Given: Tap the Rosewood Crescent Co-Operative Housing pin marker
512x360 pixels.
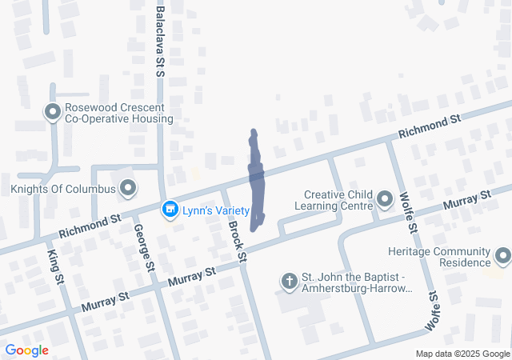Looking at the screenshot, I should [x=54, y=112].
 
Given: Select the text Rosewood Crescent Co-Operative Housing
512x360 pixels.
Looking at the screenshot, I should [x=119, y=113].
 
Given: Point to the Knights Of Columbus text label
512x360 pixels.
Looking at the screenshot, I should [x=63, y=190].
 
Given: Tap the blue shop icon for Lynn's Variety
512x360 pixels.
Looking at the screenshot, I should [x=170, y=210].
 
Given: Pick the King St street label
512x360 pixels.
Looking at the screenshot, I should [x=56, y=266].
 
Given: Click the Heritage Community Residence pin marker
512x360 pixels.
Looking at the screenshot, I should [x=503, y=256].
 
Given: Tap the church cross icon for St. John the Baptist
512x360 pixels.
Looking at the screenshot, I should [x=289, y=281].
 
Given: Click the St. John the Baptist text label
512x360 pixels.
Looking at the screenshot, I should [x=356, y=282].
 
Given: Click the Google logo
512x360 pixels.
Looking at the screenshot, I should [x=26, y=350].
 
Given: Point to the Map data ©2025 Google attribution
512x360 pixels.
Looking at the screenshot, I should [x=462, y=354].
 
